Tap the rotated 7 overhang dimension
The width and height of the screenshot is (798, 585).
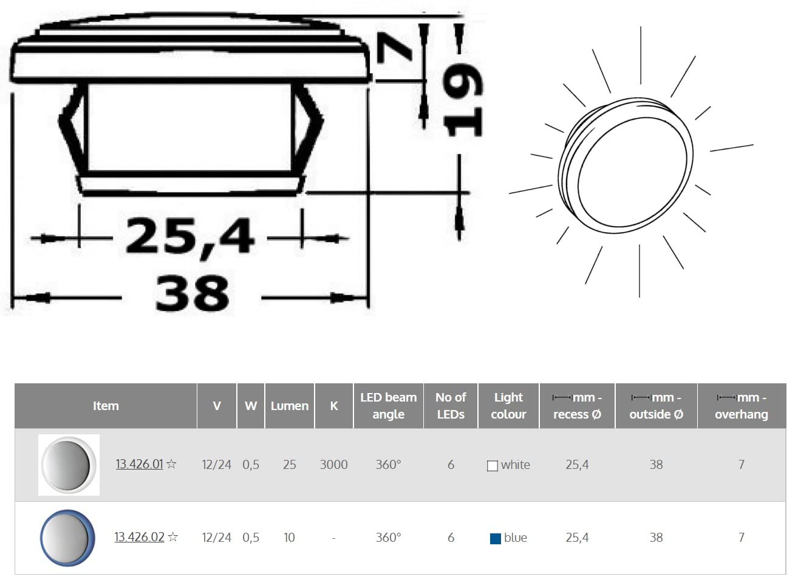pos(395,49)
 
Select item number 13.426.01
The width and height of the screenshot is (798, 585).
pos(139,465)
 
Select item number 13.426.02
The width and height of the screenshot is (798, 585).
pos(139,538)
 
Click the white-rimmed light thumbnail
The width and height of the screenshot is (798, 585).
pos(69,465)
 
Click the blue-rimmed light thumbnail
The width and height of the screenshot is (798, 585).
pos(67,538)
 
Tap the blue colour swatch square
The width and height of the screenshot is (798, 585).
pos(496,538)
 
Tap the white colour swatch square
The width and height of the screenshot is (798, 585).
pos(493,466)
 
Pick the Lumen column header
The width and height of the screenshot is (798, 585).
pos(290,406)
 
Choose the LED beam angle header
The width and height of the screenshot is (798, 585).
pos(388,406)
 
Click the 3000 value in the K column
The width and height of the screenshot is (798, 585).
pos(334,465)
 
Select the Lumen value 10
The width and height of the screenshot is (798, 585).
pos(289,538)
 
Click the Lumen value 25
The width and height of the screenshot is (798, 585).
pos(290,465)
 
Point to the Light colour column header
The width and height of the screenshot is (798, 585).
pos(508,406)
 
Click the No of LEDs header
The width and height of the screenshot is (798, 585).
pos(451,406)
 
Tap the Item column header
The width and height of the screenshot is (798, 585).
pos(106,406)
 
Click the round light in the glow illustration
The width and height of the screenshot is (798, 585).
pos(626,164)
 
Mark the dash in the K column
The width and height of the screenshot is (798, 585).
pos(334,538)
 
